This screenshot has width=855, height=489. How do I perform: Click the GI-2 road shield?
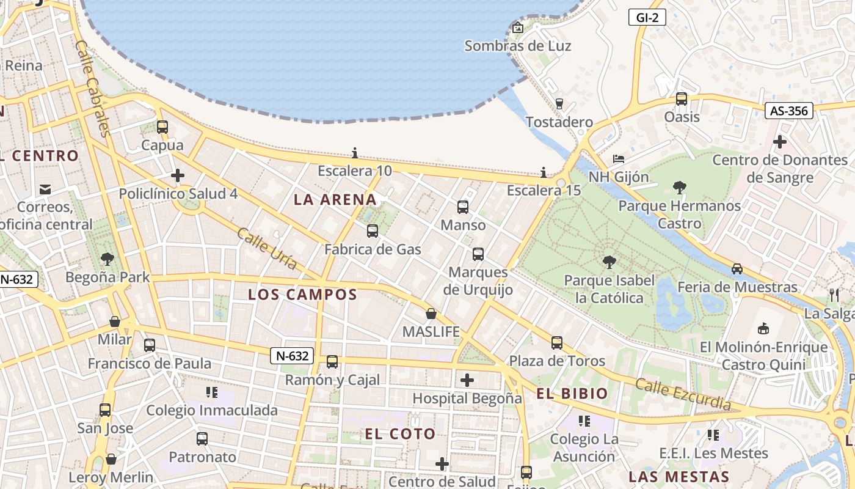click(647, 17)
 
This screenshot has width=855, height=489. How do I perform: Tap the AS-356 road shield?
click(789, 111)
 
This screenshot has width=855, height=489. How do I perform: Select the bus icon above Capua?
click(162, 127)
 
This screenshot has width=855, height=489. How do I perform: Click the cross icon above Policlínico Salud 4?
click(178, 176)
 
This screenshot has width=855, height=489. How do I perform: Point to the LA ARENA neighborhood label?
click(335, 199)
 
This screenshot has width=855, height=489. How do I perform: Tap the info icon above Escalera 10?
click(355, 153)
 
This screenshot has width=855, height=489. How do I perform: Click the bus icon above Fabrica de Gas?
click(372, 231)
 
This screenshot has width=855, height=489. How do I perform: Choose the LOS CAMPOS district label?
click(302, 295)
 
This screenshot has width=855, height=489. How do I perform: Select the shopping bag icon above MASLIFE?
click(431, 314)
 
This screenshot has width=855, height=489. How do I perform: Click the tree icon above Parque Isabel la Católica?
click(609, 262)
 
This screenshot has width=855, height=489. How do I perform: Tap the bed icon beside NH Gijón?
click(619, 159)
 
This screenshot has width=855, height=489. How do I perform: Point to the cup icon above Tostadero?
click(559, 103)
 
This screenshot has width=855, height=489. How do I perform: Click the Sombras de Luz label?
click(518, 46)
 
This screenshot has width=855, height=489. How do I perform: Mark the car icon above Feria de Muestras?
click(737, 269)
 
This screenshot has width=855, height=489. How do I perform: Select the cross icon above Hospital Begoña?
click(467, 381)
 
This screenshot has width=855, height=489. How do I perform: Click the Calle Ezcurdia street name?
click(683, 394)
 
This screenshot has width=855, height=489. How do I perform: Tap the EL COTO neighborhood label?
click(401, 435)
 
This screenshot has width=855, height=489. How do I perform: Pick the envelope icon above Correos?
click(45, 189)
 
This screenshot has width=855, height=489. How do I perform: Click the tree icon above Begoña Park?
click(107, 259)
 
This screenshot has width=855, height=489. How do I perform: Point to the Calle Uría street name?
click(267, 249)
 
